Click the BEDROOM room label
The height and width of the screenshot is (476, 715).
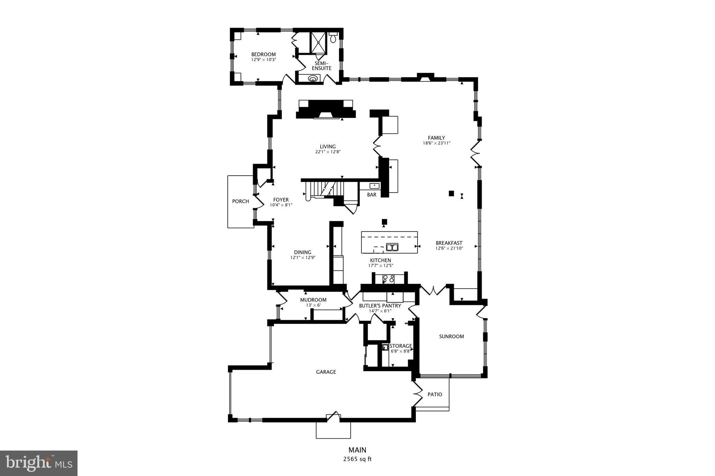click(x=264, y=54)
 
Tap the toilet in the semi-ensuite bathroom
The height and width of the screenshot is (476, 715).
click(x=333, y=37)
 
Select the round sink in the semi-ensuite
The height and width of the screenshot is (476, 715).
click(x=313, y=78)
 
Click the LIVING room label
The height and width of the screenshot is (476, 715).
click(x=327, y=146)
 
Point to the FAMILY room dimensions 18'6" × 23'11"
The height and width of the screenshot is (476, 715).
click(x=436, y=143)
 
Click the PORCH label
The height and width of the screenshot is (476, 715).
click(x=241, y=201)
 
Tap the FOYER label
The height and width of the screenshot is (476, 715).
click(x=281, y=200)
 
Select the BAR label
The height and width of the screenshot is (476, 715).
click(x=371, y=195)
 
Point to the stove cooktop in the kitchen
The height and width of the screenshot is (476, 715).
click(x=389, y=279)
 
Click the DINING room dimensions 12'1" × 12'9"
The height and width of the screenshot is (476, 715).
click(x=303, y=258)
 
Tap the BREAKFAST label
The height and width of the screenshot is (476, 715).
click(x=449, y=243)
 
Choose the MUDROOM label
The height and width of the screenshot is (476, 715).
click(x=313, y=300)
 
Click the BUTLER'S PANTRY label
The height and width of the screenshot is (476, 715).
click(x=380, y=306)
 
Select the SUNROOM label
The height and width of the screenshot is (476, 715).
click(x=451, y=337)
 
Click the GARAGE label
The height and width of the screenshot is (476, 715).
click(x=326, y=372)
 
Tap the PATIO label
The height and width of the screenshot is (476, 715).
click(x=435, y=394)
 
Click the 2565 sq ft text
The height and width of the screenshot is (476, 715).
click(x=357, y=459)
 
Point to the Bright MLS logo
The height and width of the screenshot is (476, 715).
click(x=39, y=463)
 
